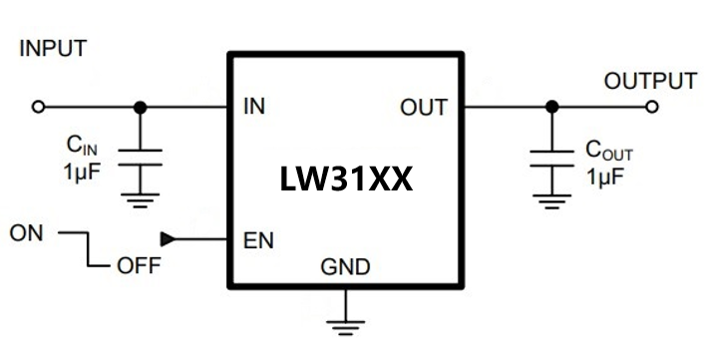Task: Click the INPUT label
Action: [x=53, y=49]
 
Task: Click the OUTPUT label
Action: [x=650, y=81]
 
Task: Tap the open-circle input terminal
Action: [x=39, y=106]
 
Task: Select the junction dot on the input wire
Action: [x=141, y=106]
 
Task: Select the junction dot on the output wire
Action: [x=551, y=106]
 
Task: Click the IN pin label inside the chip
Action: [x=254, y=107]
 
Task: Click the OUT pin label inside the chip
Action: [x=424, y=107]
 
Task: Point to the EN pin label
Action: [x=258, y=240]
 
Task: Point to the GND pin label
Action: [x=345, y=267]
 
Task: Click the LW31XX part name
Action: [x=345, y=180]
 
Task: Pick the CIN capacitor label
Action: [x=82, y=147]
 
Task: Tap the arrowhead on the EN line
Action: [x=168, y=239]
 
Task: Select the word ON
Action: [x=27, y=233]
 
